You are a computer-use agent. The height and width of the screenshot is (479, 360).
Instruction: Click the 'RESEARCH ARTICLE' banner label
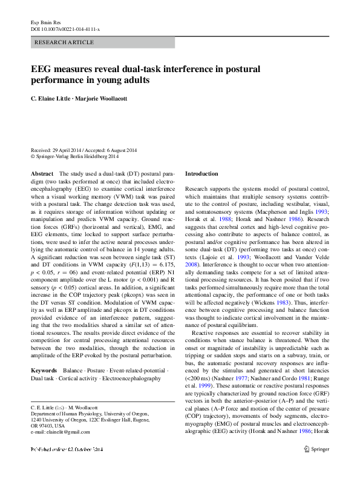click(x=65, y=42)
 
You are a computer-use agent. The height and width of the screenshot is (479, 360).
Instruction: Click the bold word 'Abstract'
click(x=42, y=173)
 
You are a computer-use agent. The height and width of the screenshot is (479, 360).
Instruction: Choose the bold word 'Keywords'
click(x=44, y=369)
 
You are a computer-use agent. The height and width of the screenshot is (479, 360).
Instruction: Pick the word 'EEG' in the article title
click(x=42, y=69)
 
